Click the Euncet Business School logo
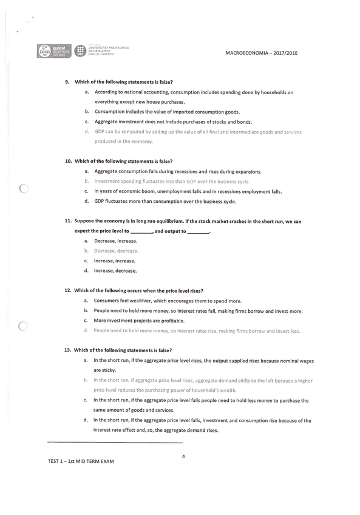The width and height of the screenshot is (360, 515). point(54,51)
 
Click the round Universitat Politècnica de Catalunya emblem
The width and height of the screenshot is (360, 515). point(80,51)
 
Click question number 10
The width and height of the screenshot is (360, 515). point(68,161)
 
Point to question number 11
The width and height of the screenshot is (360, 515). point(69,221)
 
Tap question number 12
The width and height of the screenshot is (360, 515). point(68,290)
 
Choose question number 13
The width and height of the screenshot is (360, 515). point(68,350)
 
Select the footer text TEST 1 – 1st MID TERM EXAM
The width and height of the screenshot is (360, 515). point(81,461)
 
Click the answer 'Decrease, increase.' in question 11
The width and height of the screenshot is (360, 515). point(115,241)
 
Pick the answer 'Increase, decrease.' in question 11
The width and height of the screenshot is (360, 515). point(115,270)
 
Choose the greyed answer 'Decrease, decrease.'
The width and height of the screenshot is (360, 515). point(116,251)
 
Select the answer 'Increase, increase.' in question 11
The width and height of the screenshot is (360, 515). point(115,261)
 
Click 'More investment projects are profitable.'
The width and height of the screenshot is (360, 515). point(139,321)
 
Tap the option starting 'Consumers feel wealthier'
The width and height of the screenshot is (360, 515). point(168,301)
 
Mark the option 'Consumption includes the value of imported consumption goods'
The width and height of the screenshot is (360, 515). point(167,112)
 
